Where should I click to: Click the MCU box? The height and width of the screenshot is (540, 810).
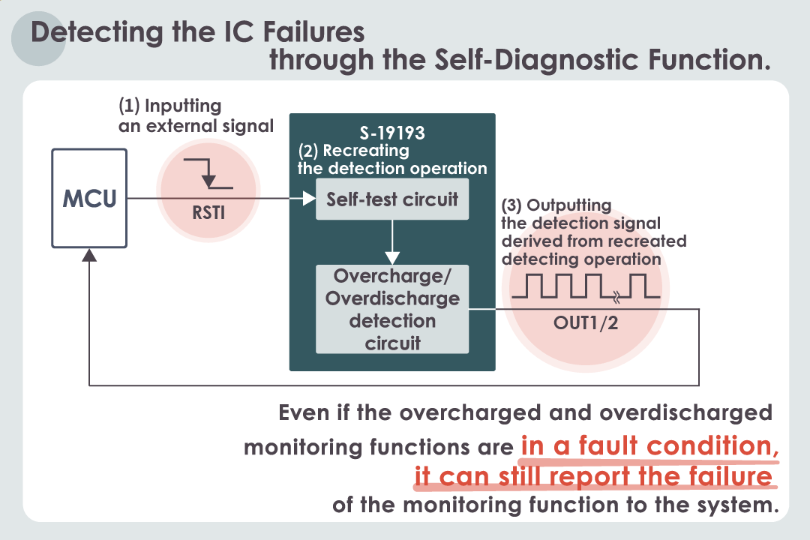(x=89, y=199)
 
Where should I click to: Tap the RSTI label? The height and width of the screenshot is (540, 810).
(x=208, y=212)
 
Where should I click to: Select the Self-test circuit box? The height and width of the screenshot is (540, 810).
(x=392, y=199)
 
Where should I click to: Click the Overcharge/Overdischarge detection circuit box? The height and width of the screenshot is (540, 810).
(x=392, y=309)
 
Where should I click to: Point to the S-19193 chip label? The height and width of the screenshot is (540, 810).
(x=392, y=133)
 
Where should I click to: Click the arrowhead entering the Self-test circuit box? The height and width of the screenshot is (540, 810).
(x=308, y=199)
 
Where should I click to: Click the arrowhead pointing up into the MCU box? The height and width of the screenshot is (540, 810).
(x=89, y=255)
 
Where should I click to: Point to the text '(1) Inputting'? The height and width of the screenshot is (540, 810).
(x=170, y=106)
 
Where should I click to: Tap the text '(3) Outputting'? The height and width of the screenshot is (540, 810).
(x=557, y=205)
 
